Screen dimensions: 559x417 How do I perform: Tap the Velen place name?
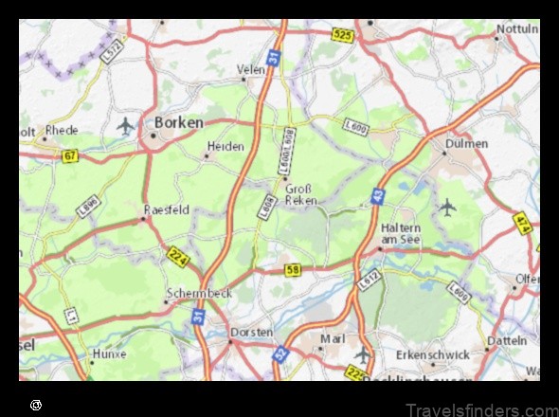251,69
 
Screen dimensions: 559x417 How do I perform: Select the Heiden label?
225,147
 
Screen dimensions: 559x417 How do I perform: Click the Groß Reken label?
300,194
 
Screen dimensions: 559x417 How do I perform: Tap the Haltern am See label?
402,234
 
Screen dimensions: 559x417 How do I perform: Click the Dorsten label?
252,333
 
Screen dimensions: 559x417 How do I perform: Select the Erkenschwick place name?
432,354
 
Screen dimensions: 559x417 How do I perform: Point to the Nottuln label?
518,28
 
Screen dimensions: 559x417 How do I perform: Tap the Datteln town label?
508,340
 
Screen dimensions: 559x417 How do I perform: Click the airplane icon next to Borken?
125,124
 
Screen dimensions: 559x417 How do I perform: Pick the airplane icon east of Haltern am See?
447,206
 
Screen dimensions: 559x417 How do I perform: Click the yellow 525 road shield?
343,34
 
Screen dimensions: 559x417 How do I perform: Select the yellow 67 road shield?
69,154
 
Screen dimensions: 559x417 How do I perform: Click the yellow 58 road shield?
294,270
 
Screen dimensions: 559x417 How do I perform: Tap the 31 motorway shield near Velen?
273,59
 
